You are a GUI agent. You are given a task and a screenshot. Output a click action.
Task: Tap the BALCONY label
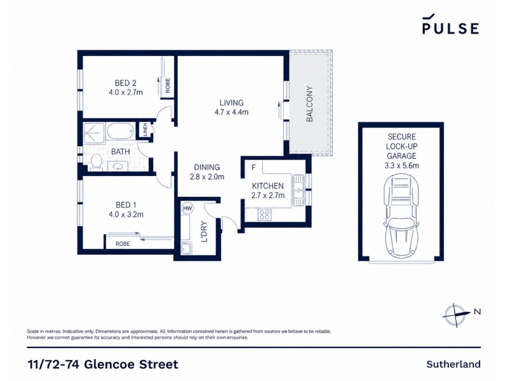pyautogui.click(x=309, y=104)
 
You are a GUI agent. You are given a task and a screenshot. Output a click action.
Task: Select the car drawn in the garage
pyautogui.click(x=401, y=216)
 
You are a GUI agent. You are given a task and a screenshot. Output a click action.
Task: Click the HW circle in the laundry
pyautogui.click(x=187, y=208)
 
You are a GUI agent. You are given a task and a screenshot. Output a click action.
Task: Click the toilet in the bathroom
pyautogui.click(x=97, y=162)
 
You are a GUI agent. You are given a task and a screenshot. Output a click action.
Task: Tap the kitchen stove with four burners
pyautogui.click(x=264, y=215)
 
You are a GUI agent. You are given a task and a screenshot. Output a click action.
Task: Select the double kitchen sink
pyautogui.click(x=298, y=190)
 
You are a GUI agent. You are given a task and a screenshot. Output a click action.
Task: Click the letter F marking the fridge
pyautogui.click(x=253, y=167)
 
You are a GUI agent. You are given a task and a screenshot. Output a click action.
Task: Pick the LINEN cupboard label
pyautogui.click(x=145, y=130)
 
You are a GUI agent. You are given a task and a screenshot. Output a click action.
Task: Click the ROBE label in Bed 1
pyautogui.click(x=123, y=244)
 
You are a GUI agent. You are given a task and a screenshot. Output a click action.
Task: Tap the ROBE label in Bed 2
pyautogui.click(x=168, y=86)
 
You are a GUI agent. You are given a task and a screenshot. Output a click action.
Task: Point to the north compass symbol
pyautogui.click(x=456, y=314)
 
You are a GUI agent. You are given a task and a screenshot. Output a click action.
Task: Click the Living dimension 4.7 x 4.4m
pyautogui.click(x=231, y=112)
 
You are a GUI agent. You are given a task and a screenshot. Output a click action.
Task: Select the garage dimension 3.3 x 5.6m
pyautogui.click(x=401, y=166)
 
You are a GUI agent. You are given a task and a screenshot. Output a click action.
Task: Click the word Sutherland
pyautogui.click(x=453, y=364)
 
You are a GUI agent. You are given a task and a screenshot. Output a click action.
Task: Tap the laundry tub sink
pyautogui.click(x=186, y=248)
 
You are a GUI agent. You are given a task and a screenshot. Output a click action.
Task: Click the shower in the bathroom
pyautogui.click(x=94, y=133)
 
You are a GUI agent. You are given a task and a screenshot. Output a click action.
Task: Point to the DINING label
pyautogui.click(x=207, y=167)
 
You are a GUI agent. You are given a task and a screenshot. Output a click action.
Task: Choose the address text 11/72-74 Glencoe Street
pyautogui.click(x=103, y=364)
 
